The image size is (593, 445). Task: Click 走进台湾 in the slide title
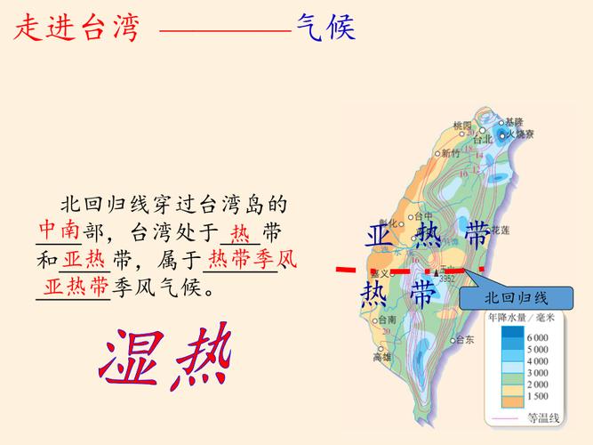77,28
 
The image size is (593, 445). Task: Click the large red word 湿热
166,358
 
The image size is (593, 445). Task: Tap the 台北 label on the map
483,140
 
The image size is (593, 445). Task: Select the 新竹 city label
452,153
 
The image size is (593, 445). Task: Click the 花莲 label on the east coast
501,229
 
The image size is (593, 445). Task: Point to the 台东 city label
463,339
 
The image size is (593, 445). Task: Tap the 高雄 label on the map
383,357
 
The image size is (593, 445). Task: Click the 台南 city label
388,320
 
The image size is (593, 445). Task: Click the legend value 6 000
536,338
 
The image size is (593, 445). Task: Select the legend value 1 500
536,396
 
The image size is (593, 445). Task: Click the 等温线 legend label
542,417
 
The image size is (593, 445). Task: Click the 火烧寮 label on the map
520,134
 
